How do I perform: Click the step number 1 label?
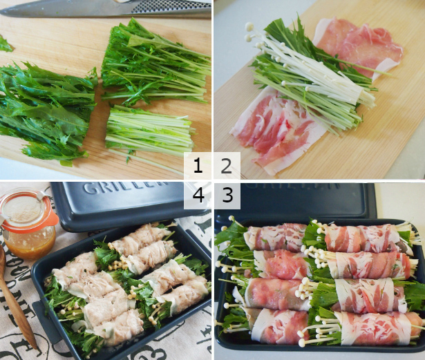tap(198, 166)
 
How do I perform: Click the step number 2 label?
tap(227, 166)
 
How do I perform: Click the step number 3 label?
tap(227, 196)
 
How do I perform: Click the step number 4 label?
tap(198, 196)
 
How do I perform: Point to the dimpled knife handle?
tap(173, 8)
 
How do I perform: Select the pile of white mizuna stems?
tap(149, 130)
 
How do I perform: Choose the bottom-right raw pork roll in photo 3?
tap(373, 328)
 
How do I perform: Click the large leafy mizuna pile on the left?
tap(45, 111)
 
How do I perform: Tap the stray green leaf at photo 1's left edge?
tap(5, 45)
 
